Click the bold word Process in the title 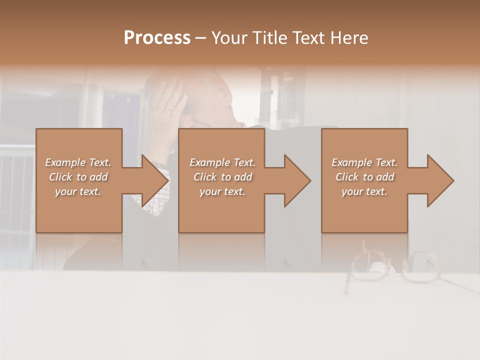(x=157, y=38)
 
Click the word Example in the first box (x=65, y=162)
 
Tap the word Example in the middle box (x=209, y=162)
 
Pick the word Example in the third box (x=351, y=162)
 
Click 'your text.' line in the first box (x=78, y=191)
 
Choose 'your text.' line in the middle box (x=222, y=191)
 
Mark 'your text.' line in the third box (x=364, y=191)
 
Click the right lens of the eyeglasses (x=422, y=267)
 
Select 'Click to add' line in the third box (x=364, y=177)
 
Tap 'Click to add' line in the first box (x=78, y=177)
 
